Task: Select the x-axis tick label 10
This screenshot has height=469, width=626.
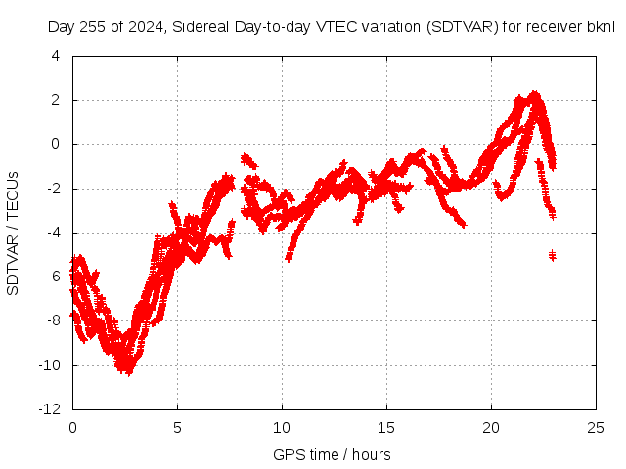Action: coord(282,428)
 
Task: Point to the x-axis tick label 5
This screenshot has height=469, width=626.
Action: coord(177,428)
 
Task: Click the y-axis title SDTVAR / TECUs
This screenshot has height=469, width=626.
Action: coord(14,233)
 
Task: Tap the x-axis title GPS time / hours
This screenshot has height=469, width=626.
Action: coord(332,454)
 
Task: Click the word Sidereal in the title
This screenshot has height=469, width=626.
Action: coord(202,27)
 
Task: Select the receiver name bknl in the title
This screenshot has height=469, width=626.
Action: coord(600,27)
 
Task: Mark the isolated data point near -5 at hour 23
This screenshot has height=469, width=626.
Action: coord(552,255)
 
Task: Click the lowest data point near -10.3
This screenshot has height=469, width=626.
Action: coord(128,371)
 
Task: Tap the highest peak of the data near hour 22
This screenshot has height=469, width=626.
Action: coord(534,94)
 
